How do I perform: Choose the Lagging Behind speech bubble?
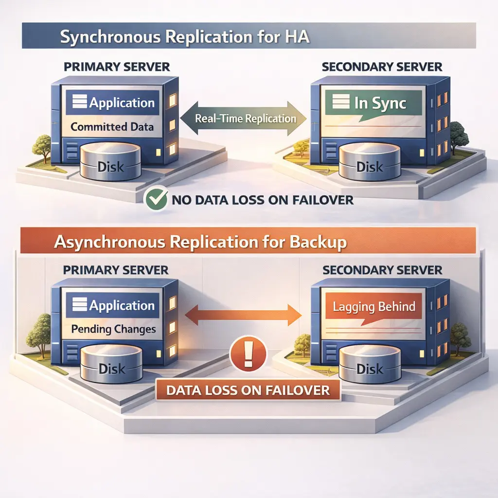pos(373,308)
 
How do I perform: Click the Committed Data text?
pos(112,127)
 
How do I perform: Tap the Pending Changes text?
pos(113,329)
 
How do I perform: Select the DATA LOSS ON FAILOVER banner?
pos(248,390)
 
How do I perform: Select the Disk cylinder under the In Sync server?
pos(369,165)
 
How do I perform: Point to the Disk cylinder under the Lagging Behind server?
pos(369,368)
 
